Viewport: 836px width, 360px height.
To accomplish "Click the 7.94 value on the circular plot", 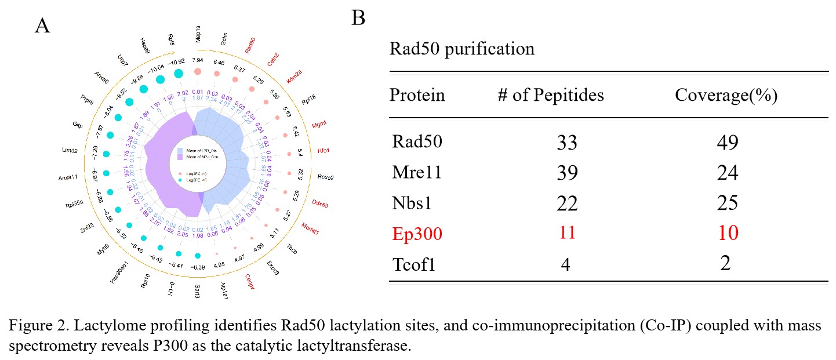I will [x=198, y=59].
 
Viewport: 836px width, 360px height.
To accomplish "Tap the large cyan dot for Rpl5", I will [x=179, y=73].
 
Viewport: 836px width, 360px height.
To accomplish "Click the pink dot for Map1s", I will [x=198, y=72].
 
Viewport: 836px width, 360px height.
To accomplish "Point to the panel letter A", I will [x=42, y=26].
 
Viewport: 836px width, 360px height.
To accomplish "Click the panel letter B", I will [x=359, y=19].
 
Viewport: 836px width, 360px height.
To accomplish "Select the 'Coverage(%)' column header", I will [x=726, y=96].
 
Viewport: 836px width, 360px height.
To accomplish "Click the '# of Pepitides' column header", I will [x=550, y=96].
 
